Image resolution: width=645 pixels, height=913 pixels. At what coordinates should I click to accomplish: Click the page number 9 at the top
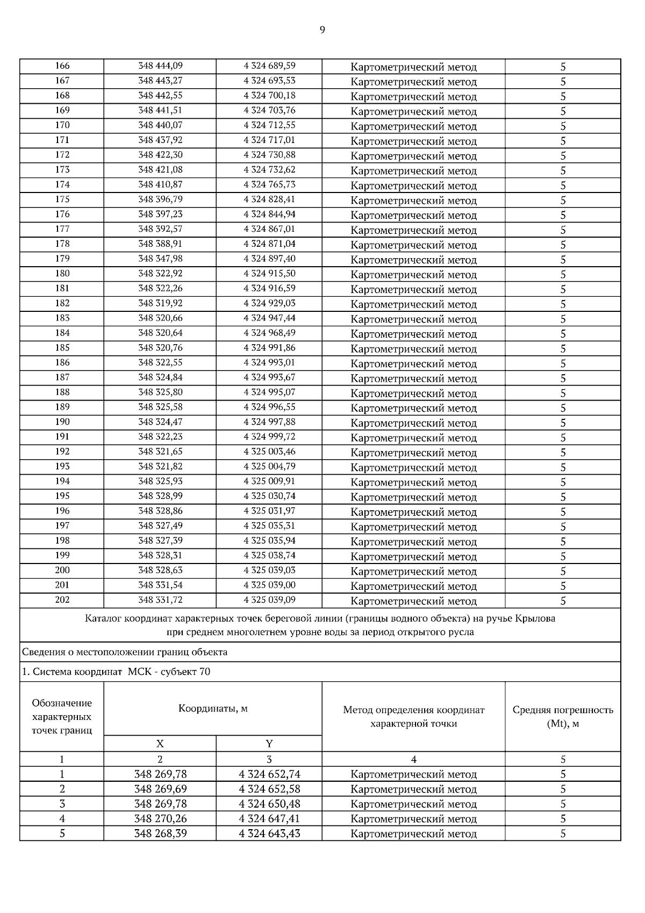(x=322, y=30)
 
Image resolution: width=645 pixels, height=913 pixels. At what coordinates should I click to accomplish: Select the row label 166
(x=62, y=66)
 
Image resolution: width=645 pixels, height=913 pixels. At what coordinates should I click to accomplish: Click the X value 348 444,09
(x=160, y=66)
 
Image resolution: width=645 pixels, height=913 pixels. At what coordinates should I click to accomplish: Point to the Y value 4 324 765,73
(x=269, y=184)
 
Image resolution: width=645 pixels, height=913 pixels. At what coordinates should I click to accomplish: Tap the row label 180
(x=62, y=274)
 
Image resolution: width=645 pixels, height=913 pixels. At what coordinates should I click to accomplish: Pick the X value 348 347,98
(x=160, y=259)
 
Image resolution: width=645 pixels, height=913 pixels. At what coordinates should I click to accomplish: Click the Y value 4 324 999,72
(x=269, y=437)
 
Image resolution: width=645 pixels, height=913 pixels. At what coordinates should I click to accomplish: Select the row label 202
(x=62, y=600)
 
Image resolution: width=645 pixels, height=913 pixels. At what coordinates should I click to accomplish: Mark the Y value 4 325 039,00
(x=269, y=585)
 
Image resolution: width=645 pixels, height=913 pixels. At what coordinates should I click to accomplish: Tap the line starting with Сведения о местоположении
(x=125, y=652)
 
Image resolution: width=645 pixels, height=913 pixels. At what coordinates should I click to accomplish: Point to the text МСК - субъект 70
(x=169, y=672)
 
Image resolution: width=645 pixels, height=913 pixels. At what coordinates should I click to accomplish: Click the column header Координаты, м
(x=213, y=709)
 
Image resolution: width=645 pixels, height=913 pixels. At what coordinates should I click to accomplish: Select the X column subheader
(x=160, y=744)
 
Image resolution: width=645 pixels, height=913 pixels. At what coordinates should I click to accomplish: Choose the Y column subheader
(x=269, y=744)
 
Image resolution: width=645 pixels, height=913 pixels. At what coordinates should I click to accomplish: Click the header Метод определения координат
(x=413, y=710)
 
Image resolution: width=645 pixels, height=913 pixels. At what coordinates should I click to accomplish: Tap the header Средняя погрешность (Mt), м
(x=563, y=717)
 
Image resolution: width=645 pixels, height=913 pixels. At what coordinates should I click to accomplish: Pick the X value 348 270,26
(x=160, y=819)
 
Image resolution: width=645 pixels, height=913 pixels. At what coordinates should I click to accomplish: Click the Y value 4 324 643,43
(x=269, y=834)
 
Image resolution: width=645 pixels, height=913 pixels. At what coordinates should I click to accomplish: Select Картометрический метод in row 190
(x=413, y=423)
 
